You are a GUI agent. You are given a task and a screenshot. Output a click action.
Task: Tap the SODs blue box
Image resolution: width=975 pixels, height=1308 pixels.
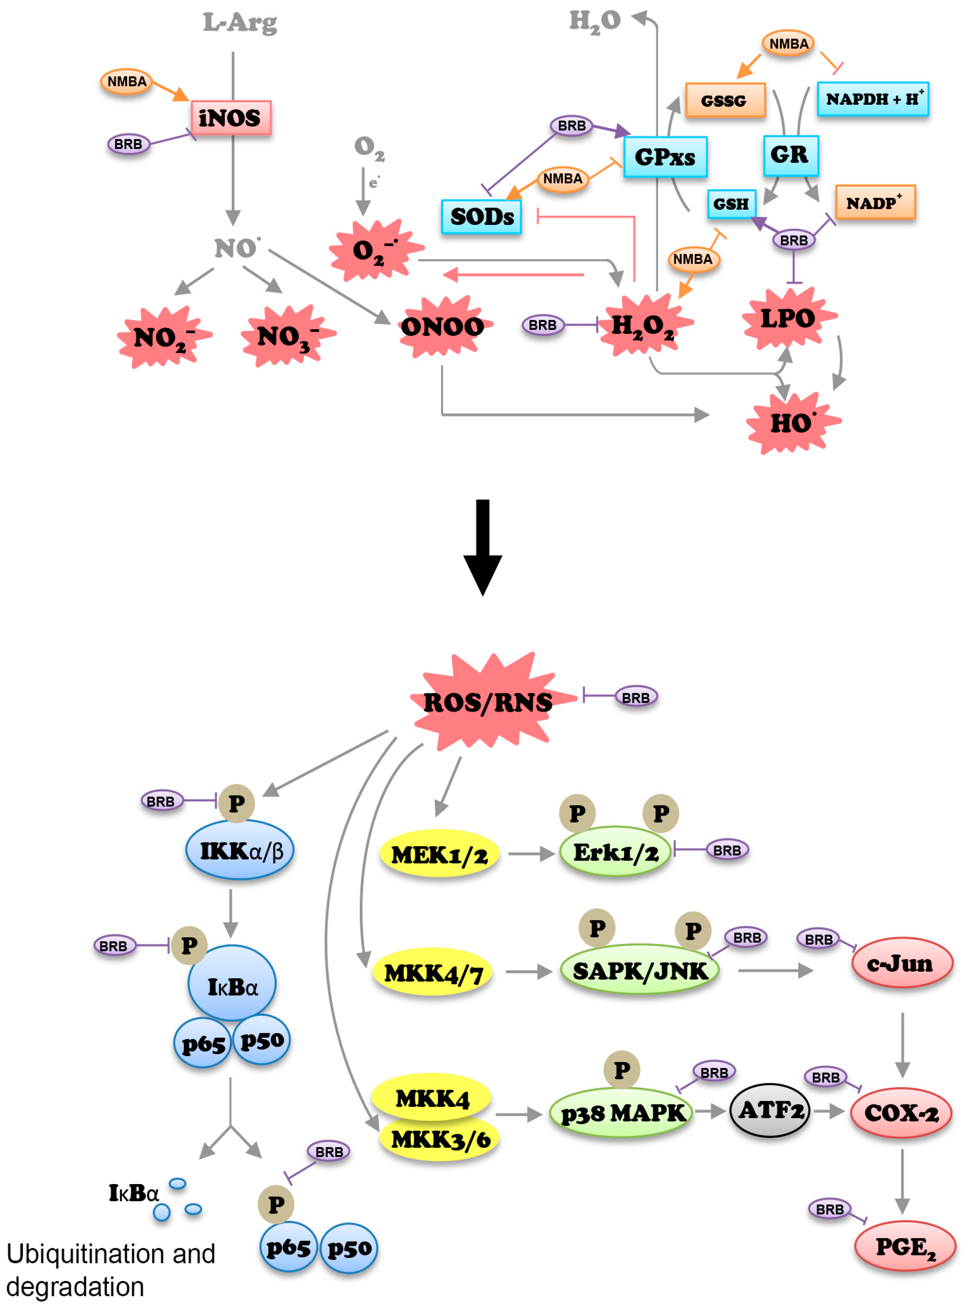click(481, 217)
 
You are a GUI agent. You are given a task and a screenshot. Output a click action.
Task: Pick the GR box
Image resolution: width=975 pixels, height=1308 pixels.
click(790, 155)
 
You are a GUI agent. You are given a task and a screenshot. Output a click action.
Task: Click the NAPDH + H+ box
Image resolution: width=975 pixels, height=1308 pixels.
click(872, 99)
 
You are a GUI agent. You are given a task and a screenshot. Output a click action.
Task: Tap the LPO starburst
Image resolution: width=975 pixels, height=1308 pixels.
click(788, 319)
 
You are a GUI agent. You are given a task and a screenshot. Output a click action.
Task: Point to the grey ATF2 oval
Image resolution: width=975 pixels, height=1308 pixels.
click(770, 1111)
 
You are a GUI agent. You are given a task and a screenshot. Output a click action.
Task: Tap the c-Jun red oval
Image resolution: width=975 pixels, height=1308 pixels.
click(901, 964)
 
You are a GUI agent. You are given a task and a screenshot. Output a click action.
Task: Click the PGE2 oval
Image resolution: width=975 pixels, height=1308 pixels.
click(904, 1246)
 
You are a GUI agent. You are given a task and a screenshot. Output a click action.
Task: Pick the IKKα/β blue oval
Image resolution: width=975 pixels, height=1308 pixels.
click(240, 850)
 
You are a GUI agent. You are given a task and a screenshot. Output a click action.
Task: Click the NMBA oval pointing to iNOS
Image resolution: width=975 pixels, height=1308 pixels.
click(126, 81)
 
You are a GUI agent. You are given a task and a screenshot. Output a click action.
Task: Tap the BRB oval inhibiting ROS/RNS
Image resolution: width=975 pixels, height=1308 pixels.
click(635, 697)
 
